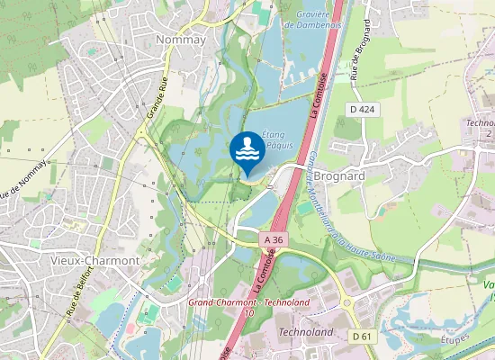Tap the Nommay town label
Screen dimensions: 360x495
pos(181,40)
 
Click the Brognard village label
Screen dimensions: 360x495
pos(340,176)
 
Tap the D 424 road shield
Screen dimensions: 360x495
pos(361,110)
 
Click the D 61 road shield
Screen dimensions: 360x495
pos(362,336)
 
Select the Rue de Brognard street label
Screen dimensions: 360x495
pos(365,62)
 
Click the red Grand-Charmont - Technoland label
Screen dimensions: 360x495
pos(249,302)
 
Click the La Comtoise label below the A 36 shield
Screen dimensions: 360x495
pos(265,275)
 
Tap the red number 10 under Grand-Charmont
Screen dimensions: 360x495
pos(248,313)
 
